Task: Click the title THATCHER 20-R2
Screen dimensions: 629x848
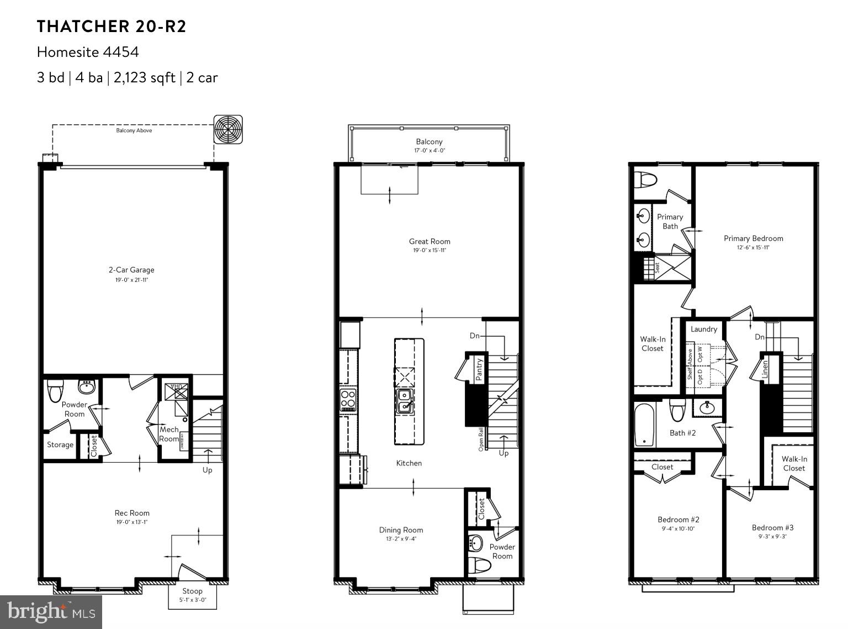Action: tap(112, 27)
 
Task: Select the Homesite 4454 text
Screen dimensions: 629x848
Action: tap(88, 52)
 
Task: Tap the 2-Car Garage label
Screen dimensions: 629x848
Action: tap(131, 270)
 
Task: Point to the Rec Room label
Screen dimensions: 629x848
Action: tap(132, 512)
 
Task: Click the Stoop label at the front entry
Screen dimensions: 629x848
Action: tap(192, 591)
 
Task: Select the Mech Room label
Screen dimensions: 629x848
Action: tap(169, 434)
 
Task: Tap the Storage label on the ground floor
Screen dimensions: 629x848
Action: tap(60, 444)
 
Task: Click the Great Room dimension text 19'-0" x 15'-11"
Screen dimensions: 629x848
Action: tap(430, 250)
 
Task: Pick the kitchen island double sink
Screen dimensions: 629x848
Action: tap(405, 401)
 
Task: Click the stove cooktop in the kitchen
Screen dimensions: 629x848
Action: tap(348, 399)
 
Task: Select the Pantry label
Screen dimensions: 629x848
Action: tap(479, 369)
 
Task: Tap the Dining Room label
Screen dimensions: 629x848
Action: tap(401, 530)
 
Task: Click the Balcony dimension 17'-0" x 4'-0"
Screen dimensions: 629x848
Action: tap(430, 150)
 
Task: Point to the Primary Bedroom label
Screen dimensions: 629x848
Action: tap(753, 238)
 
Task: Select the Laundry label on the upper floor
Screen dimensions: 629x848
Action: tap(704, 329)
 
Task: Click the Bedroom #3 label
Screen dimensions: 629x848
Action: tap(772, 527)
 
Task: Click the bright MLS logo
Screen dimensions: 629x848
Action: tap(51, 612)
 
